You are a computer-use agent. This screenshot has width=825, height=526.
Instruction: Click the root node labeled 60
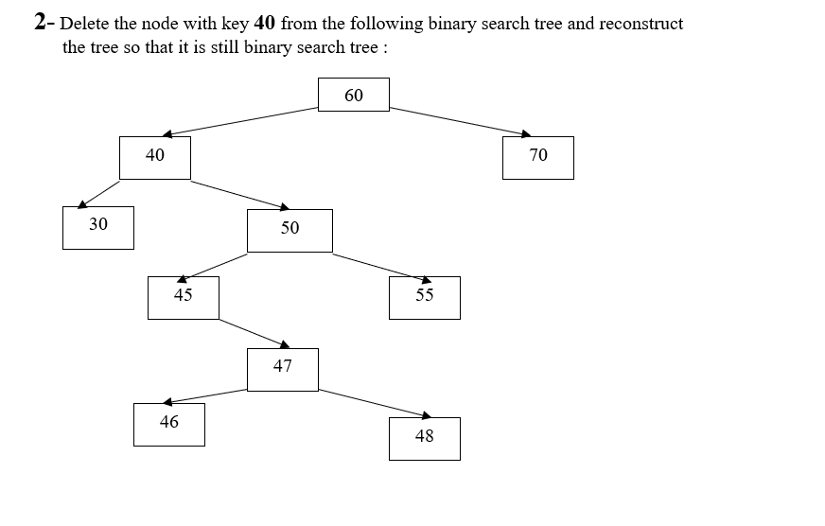tap(353, 95)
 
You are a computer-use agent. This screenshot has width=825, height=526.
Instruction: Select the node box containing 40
tap(155, 157)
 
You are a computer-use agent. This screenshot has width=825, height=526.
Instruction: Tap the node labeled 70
tap(537, 157)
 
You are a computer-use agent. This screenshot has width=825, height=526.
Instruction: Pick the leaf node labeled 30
tap(98, 227)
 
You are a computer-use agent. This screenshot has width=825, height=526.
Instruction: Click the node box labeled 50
tap(290, 230)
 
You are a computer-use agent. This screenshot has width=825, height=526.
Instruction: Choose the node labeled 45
tap(184, 297)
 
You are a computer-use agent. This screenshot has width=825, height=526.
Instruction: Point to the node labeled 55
tap(424, 297)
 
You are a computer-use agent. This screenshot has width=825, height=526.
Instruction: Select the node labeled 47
tap(283, 369)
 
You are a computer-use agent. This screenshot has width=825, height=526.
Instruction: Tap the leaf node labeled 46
tap(169, 424)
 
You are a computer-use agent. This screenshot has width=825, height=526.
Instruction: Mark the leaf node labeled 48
tap(424, 438)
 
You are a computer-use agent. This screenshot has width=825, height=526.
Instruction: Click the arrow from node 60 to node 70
tap(460, 121)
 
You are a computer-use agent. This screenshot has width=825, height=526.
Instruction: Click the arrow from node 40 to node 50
tap(239, 194)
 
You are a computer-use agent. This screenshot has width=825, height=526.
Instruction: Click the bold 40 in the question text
tap(265, 23)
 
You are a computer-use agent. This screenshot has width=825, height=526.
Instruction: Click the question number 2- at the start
tap(44, 23)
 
